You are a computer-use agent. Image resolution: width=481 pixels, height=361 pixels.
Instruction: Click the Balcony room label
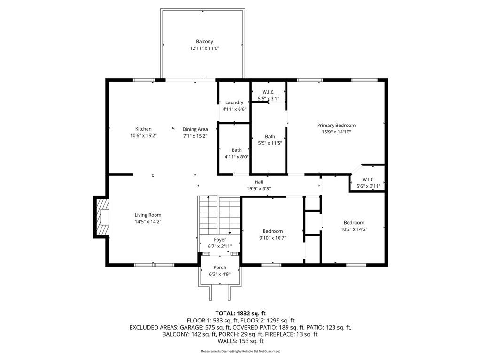click(x=204, y=41)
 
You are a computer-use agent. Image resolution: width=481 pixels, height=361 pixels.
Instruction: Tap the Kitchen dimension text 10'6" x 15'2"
click(x=143, y=136)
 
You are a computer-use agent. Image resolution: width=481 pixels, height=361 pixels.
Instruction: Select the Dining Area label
click(x=195, y=129)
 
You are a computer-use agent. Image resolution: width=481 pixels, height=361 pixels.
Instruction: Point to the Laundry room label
click(x=234, y=102)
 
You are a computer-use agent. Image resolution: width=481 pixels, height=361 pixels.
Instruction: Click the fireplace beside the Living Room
click(x=101, y=216)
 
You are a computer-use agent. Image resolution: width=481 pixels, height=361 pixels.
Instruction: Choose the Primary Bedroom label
click(x=336, y=125)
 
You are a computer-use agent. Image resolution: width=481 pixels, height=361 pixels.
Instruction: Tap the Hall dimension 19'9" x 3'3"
click(x=259, y=189)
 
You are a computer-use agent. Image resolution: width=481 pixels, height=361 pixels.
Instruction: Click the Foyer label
click(x=220, y=239)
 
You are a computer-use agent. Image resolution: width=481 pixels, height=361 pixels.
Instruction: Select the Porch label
click(x=220, y=267)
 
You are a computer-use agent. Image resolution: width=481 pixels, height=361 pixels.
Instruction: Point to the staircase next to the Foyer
click(x=219, y=215)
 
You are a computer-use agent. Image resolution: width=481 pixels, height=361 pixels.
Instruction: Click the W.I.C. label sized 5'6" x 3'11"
click(x=368, y=179)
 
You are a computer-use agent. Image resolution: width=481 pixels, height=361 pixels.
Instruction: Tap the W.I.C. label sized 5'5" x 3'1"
click(x=268, y=92)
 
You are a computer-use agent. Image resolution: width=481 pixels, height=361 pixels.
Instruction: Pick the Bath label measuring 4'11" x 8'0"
click(x=237, y=150)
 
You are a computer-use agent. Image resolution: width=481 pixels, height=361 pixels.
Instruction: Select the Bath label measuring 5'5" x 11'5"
click(x=270, y=137)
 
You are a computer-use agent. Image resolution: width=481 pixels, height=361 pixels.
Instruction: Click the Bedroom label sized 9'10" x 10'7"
click(x=273, y=231)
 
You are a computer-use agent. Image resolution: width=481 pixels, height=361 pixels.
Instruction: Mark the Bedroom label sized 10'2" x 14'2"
click(x=354, y=222)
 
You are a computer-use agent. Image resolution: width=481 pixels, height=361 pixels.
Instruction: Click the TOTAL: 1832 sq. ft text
click(x=240, y=314)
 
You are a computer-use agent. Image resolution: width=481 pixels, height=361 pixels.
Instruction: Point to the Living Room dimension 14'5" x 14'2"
click(x=148, y=222)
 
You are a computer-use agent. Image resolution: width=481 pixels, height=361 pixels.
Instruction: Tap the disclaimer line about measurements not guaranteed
click(x=240, y=351)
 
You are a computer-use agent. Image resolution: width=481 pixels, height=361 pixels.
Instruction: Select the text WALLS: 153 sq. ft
click(x=240, y=341)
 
